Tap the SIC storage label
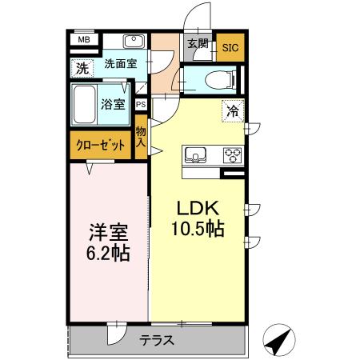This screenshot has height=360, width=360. tap(230, 46)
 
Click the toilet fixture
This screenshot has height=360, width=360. tap(216, 78)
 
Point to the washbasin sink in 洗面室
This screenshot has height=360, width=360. tap(134, 42)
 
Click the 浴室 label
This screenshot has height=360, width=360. tap(114, 103)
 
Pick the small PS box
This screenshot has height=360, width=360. tap(141, 104)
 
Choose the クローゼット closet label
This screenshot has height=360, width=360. tap(100, 145)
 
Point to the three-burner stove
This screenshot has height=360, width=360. tap(232, 154)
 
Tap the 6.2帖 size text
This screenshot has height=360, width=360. tap(108, 253)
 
